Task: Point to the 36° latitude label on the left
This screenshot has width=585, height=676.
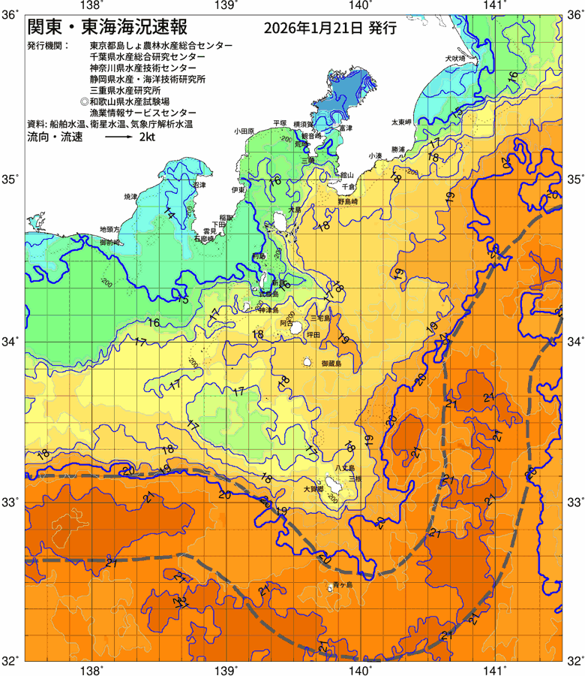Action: click(11, 14)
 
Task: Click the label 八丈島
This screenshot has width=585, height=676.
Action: click(345, 467)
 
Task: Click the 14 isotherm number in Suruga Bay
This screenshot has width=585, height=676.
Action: click(170, 215)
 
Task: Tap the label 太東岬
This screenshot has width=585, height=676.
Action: click(400, 121)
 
